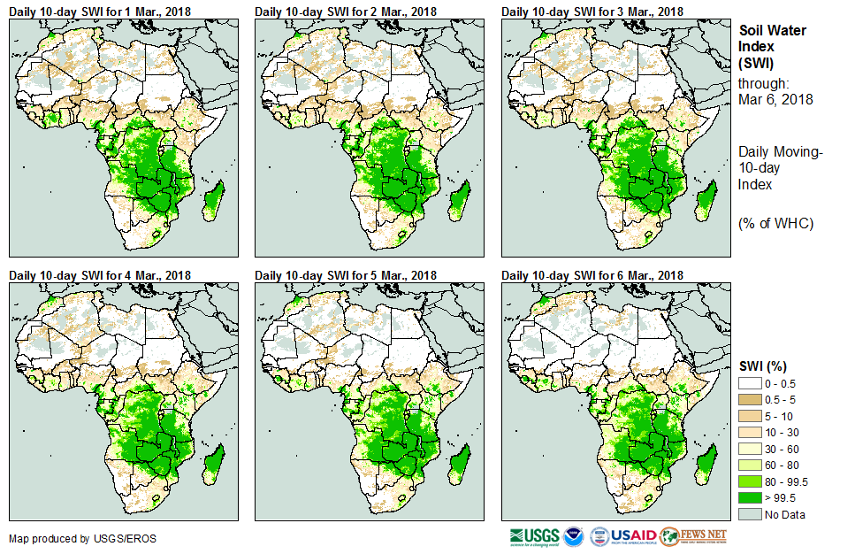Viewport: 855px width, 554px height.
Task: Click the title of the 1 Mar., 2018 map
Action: point(100,11)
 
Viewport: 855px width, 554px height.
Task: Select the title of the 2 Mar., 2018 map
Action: point(346,11)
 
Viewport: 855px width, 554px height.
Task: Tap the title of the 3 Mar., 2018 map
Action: point(592,11)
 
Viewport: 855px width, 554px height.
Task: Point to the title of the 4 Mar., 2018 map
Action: point(100,275)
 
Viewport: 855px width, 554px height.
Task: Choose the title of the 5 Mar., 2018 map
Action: point(346,275)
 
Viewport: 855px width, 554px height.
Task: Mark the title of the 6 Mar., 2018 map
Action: point(592,275)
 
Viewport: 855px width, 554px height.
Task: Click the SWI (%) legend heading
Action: point(763,365)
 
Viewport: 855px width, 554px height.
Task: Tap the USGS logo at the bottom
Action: point(534,536)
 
